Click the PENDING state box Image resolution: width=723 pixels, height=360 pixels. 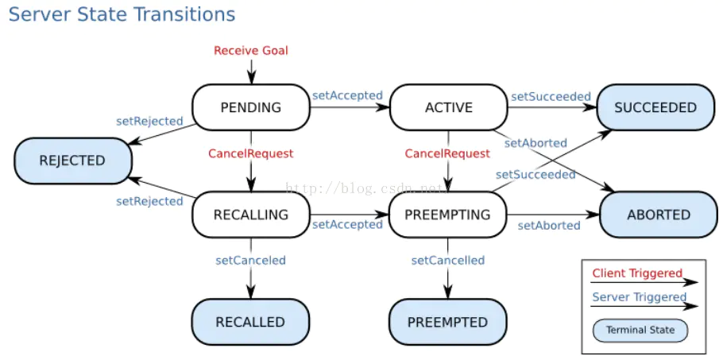point(250,107)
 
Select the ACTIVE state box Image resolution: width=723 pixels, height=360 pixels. point(448,107)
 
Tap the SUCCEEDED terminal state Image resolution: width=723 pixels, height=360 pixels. point(655,107)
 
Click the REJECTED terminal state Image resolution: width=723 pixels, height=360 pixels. point(72,161)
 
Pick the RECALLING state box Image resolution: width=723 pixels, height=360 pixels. point(250,215)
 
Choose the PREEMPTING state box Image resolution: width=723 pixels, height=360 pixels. point(447,215)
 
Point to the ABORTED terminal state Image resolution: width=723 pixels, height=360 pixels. point(659,215)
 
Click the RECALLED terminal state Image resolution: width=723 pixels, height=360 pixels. point(250,322)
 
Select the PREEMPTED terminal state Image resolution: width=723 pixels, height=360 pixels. point(447,322)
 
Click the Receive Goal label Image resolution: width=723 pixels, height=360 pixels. point(251,50)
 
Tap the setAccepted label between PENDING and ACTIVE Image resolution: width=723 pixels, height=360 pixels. point(347,95)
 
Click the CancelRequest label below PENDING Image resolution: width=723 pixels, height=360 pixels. point(250,153)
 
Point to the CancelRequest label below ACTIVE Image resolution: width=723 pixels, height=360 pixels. point(447,153)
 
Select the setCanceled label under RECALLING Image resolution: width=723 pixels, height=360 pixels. point(250,260)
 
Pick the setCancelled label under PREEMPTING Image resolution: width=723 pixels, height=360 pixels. point(447,260)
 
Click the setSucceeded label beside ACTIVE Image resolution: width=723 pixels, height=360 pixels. point(551,96)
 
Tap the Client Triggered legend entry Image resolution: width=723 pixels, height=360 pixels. point(637,273)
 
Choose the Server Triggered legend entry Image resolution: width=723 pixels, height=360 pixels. point(640,297)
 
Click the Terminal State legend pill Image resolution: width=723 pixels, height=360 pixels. point(640,330)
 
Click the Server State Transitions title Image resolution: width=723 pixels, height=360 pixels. point(122,14)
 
